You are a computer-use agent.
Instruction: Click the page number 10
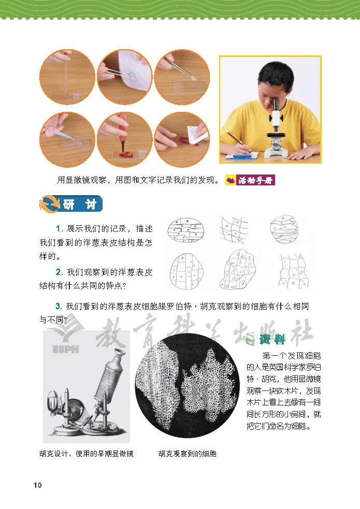pos(38,485)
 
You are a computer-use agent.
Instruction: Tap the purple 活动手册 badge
pos(250,180)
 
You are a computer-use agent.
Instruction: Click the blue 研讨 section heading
pos(71,204)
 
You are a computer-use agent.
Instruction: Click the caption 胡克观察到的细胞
pos(188,454)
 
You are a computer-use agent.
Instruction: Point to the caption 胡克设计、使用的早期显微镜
pos(87,454)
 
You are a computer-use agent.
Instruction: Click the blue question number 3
pos(59,306)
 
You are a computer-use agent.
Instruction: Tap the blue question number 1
pos(59,228)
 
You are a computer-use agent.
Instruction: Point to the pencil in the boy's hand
pos(238,142)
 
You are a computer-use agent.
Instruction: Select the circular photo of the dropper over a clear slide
pos(67,77)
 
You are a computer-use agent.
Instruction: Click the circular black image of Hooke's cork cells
pos(188,386)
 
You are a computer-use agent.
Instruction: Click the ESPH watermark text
pos(66,350)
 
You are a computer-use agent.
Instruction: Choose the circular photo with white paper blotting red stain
pos(182,140)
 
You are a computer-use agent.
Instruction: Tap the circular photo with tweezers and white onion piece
pos(125,77)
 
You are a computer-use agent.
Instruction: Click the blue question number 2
pos(59,272)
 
